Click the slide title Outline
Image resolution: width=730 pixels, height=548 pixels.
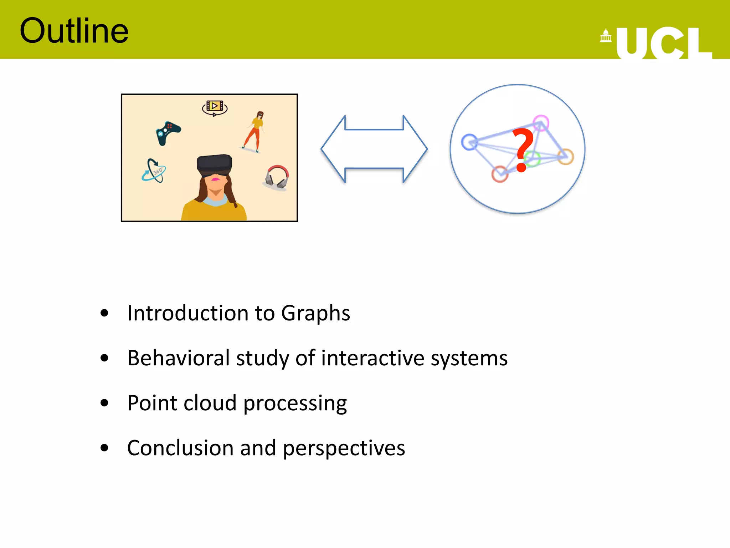(x=74, y=31)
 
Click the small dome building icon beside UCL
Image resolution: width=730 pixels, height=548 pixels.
(x=606, y=36)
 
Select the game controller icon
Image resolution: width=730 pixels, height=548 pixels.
(x=168, y=133)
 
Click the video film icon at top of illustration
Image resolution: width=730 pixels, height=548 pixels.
(x=215, y=107)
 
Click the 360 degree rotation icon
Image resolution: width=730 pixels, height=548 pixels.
(x=154, y=171)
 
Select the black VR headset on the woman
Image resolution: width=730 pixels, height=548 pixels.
(x=215, y=165)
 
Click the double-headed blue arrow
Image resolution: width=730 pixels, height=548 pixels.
(x=374, y=149)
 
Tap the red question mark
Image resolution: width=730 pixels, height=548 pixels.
(x=522, y=150)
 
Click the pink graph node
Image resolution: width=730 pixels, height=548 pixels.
(x=541, y=123)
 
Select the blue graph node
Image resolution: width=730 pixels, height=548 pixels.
(x=469, y=142)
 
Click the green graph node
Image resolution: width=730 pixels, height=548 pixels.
(x=532, y=159)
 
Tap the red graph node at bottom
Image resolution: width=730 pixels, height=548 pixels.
(x=500, y=174)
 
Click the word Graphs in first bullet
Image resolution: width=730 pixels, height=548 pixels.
(x=315, y=313)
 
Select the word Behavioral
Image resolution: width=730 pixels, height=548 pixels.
(x=179, y=358)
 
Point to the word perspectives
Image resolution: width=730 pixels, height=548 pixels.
(x=344, y=448)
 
